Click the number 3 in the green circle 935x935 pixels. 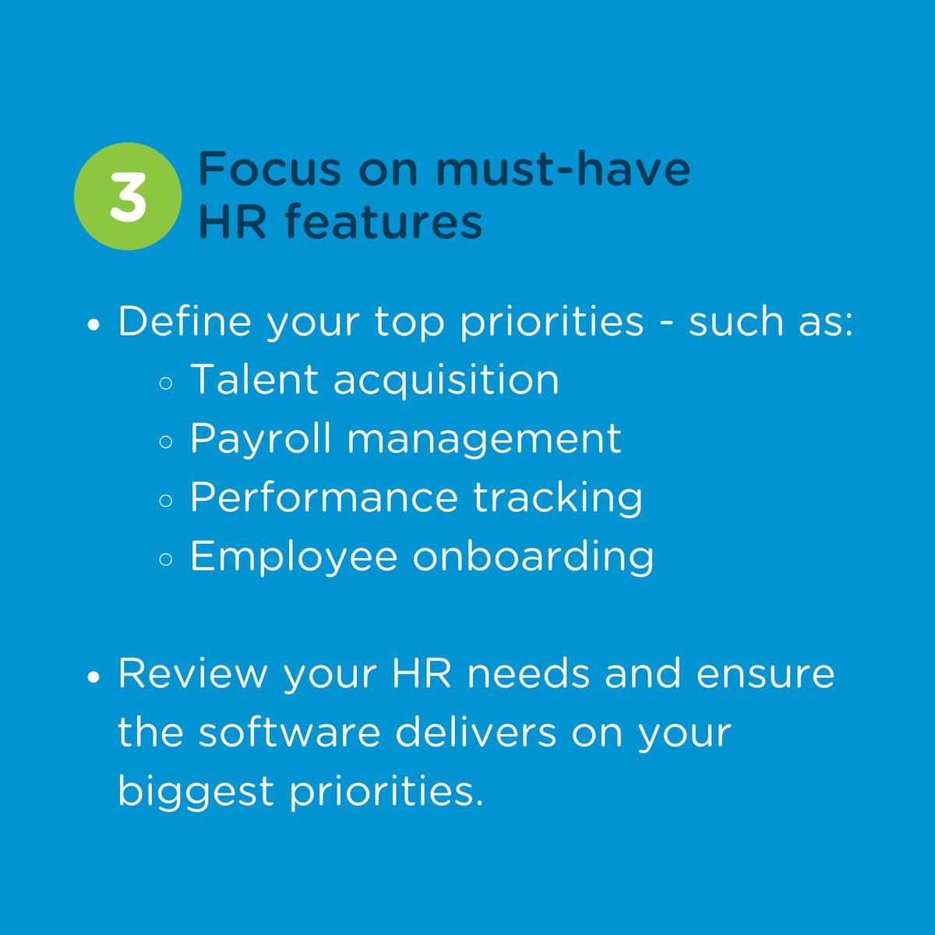coord(128,196)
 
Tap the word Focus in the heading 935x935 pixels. coord(270,168)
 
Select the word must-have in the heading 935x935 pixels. coord(563,168)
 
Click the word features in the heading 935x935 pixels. coord(383,221)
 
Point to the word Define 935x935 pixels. coord(185,322)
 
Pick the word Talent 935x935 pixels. coord(254,380)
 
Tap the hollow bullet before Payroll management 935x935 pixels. coord(165,443)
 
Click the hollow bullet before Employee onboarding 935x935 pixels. coord(165,559)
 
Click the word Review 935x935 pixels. coord(192,674)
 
